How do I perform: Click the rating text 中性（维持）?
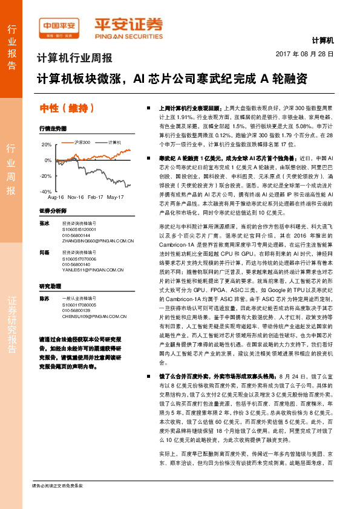67,108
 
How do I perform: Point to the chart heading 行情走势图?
53,129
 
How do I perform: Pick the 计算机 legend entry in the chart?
112,142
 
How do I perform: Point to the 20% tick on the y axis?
47,145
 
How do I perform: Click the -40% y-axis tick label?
46,191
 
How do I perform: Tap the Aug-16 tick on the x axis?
56,198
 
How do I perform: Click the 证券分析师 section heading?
53,210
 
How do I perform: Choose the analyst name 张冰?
44,223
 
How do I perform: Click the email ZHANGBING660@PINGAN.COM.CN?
97,240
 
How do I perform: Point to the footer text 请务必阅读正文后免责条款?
57,485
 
